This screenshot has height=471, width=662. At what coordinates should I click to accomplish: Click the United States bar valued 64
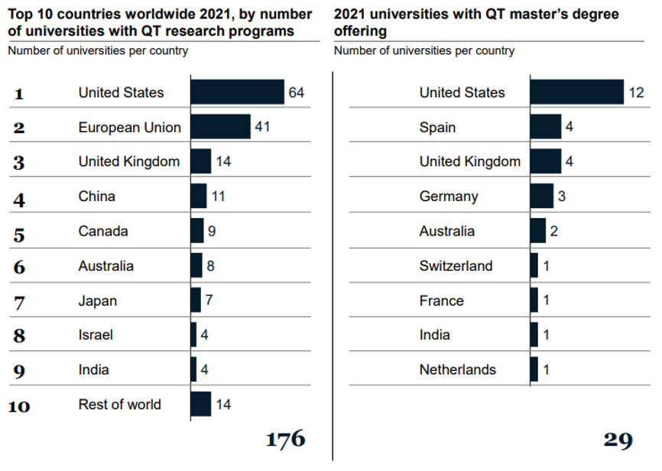(x=237, y=92)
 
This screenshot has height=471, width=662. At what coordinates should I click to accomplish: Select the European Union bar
(x=220, y=127)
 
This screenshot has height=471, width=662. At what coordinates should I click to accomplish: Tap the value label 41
(x=263, y=127)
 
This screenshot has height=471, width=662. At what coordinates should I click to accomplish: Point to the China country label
(x=96, y=197)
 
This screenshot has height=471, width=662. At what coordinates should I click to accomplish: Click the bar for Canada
(x=197, y=231)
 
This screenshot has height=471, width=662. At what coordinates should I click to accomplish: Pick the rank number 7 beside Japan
(x=19, y=301)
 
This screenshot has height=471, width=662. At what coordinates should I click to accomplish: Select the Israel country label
(x=96, y=335)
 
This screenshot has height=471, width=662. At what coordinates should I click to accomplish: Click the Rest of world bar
(x=200, y=404)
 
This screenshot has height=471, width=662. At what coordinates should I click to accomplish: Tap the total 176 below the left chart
(x=285, y=439)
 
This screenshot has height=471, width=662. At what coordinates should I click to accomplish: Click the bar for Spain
(x=545, y=127)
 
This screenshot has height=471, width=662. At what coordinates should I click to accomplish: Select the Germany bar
(x=541, y=197)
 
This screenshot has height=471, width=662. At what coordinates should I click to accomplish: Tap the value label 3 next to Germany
(x=562, y=197)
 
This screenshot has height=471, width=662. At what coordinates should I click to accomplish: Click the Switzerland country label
(x=456, y=266)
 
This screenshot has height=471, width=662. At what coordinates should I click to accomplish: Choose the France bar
(x=534, y=300)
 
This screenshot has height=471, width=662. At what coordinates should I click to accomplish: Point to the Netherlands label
(x=457, y=370)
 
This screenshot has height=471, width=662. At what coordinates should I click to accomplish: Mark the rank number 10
(x=19, y=405)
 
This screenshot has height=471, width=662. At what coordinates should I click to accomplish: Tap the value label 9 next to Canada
(x=211, y=231)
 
